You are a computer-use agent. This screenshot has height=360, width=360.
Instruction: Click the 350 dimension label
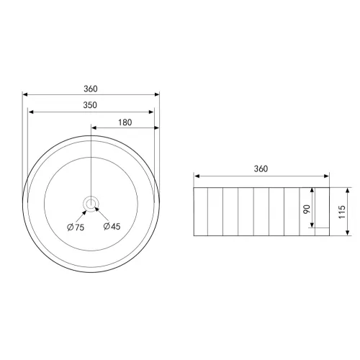pyautogui.click(x=90, y=105)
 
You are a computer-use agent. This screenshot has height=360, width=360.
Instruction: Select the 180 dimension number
pyautogui.click(x=125, y=122)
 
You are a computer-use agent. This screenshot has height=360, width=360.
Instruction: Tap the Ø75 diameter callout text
pyautogui.click(x=76, y=227)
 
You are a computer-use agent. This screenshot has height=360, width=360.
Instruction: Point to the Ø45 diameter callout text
pyautogui.click(x=112, y=226)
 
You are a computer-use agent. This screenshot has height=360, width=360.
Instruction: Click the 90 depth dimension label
pyautogui.click(x=307, y=210)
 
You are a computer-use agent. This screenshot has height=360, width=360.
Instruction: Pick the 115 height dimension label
pyautogui.click(x=342, y=212)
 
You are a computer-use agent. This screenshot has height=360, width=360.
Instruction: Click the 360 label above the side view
pyautogui.click(x=261, y=169)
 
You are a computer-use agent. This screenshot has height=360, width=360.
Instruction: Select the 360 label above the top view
pyautogui.click(x=91, y=89)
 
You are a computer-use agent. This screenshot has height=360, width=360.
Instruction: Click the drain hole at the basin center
pyautogui.click(x=91, y=204)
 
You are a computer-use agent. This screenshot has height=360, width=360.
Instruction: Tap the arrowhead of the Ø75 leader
pyautogui.click(x=84, y=212)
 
